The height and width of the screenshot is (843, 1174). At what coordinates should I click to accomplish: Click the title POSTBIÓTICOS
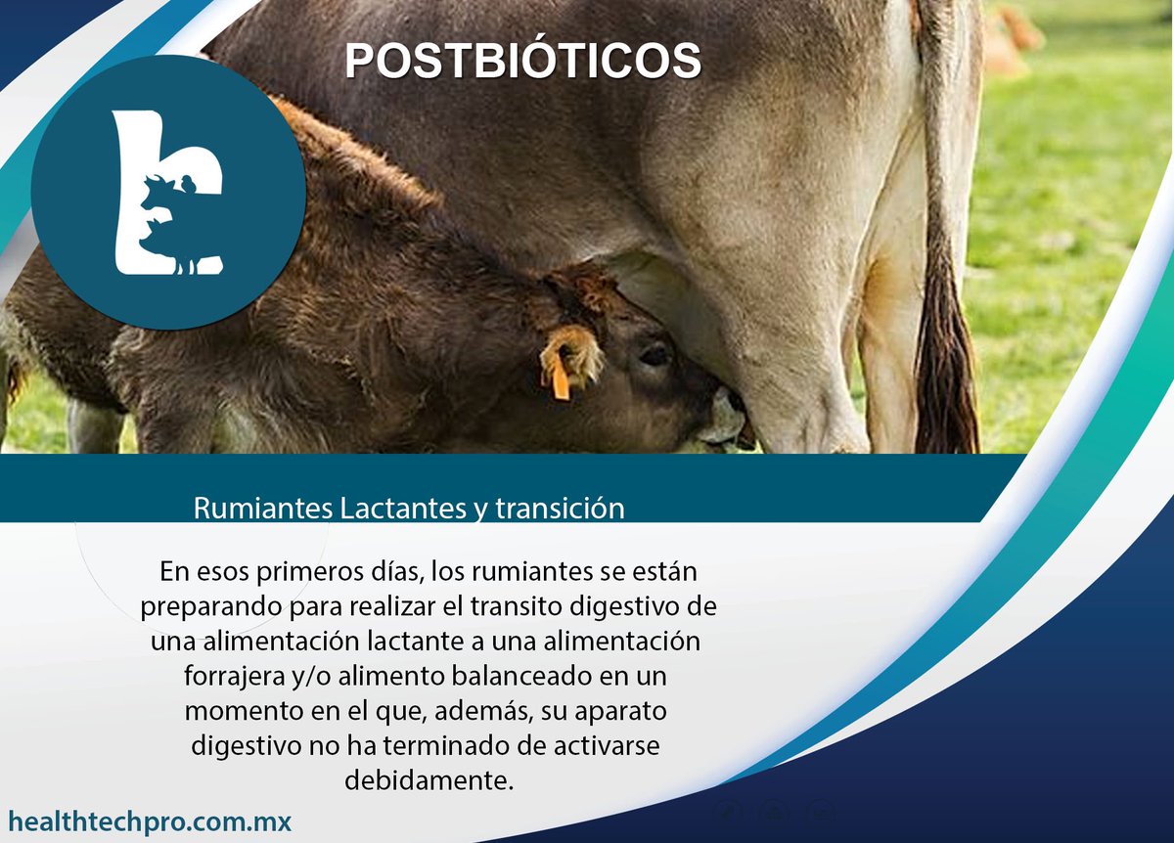click(522, 61)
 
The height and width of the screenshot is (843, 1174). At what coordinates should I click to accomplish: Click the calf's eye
click(654, 355)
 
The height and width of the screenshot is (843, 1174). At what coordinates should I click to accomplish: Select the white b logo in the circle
click(167, 192)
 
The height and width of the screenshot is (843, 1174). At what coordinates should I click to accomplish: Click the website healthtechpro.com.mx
click(150, 821)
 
